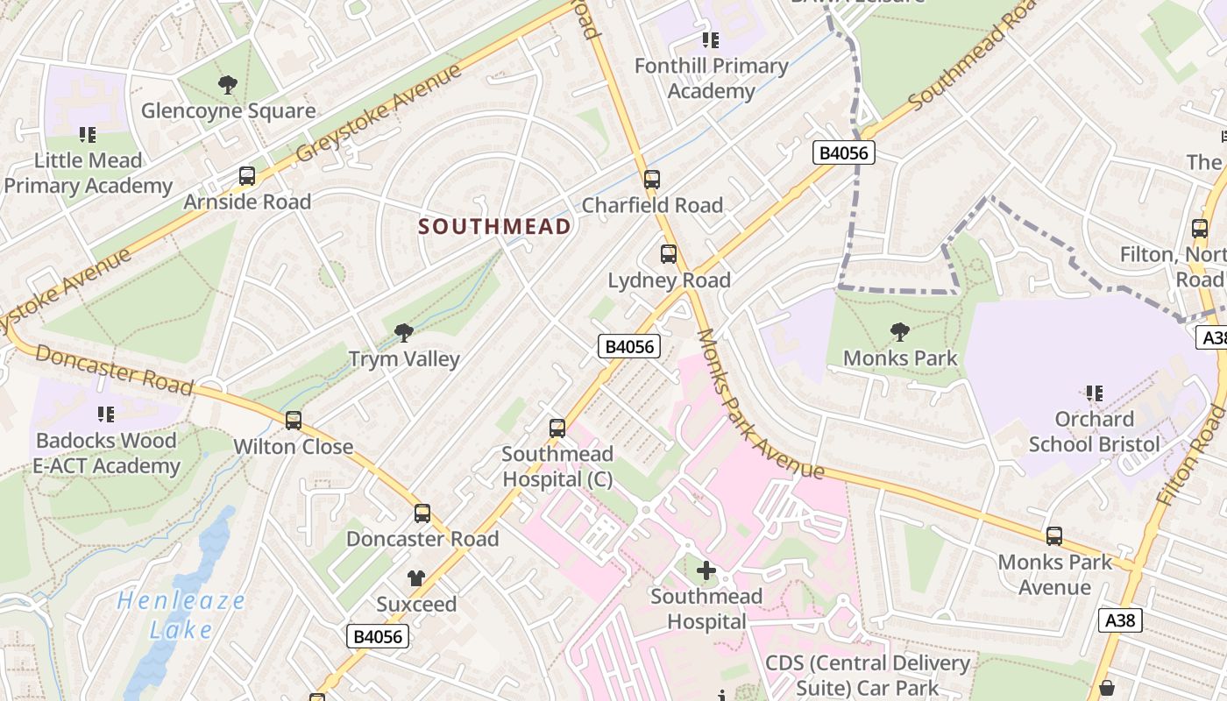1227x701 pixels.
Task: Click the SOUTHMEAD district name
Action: point(494,226)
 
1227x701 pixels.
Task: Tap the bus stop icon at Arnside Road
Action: point(247,176)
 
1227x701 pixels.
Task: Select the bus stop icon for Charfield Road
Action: point(651,180)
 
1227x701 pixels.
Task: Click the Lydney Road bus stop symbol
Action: point(669,254)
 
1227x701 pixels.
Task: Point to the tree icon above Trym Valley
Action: point(404,332)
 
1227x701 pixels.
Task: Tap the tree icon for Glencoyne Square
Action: point(228,85)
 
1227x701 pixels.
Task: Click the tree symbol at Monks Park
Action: point(899,331)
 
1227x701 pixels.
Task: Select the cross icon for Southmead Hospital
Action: point(706,570)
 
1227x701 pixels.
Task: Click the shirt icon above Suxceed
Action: point(415,578)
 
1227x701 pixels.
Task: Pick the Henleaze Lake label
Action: point(181,615)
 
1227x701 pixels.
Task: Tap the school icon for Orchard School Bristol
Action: point(1094,393)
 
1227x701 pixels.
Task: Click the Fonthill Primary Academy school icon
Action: point(711,40)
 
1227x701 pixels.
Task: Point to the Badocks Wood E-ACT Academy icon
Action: point(106,414)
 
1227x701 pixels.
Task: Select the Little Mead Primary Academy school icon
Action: point(87,135)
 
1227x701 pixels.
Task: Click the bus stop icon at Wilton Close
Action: point(294,421)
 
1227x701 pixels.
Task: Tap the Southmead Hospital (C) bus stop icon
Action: point(557,428)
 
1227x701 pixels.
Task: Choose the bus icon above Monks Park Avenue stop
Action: point(1054,536)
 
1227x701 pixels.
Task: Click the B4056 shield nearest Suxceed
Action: point(379,636)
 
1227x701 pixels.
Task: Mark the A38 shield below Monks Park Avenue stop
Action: point(1120,620)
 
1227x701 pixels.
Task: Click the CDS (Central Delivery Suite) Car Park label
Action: point(868,676)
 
